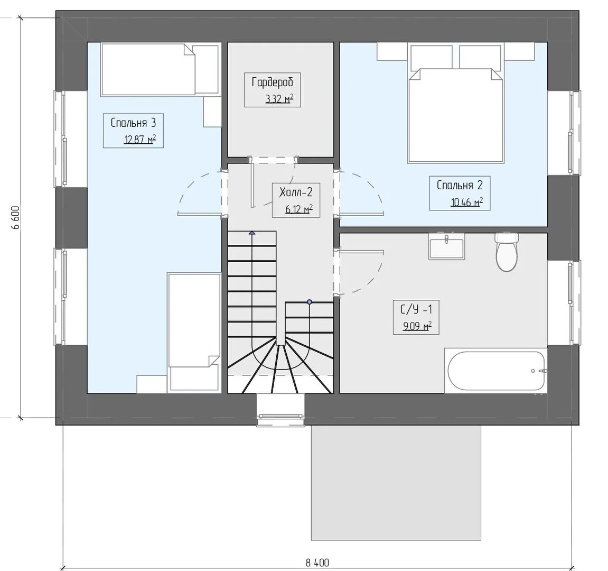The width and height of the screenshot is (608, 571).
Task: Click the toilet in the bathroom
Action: (x=507, y=252)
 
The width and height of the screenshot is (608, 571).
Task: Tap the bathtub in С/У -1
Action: (x=496, y=371)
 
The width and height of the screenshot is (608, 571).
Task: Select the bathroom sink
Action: (x=446, y=246)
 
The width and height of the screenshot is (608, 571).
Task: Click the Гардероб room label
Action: (x=273, y=82)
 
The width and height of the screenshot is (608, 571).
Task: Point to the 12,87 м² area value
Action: (x=140, y=139)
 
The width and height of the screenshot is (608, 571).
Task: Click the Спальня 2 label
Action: (x=460, y=185)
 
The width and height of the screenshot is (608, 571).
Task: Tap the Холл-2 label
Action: (x=296, y=192)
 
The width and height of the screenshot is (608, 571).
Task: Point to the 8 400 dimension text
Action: (x=317, y=563)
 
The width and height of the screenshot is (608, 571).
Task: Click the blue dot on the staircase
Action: (x=310, y=301)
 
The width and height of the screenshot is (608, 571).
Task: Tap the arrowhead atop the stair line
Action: (x=252, y=233)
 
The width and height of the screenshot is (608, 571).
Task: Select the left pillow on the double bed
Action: (x=432, y=58)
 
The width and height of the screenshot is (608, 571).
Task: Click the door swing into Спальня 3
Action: (x=200, y=192)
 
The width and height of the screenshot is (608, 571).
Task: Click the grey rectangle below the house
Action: (x=396, y=483)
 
